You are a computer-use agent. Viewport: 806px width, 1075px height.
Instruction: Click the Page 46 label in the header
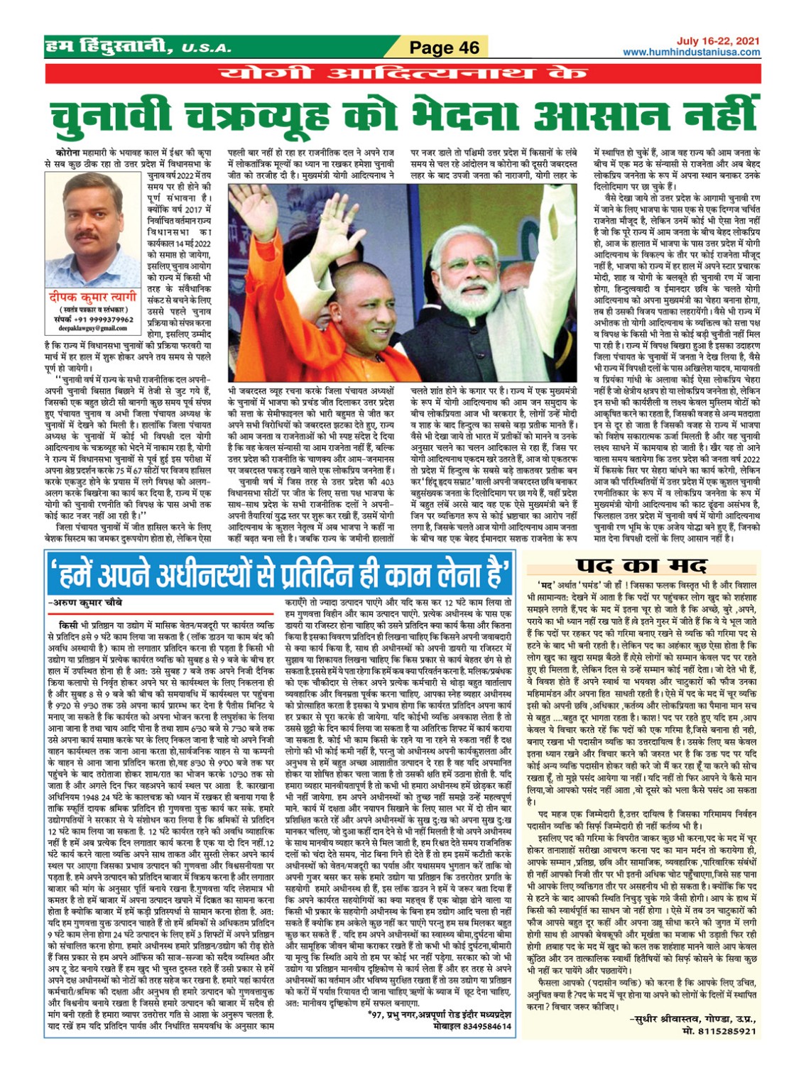pyautogui.click(x=445, y=48)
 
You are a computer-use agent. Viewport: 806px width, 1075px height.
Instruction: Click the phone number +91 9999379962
pyautogui.click(x=103, y=320)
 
